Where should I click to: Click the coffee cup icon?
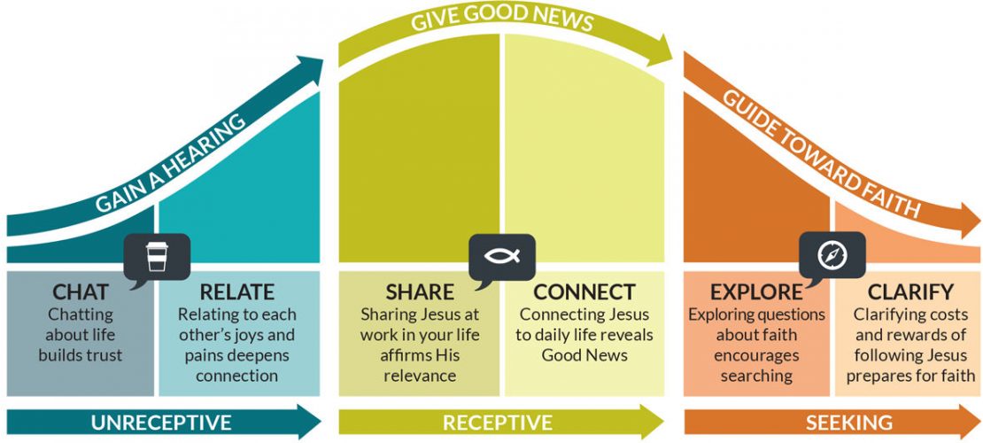click(x=157, y=256)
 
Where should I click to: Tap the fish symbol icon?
click(x=502, y=256)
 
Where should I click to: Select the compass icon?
click(x=832, y=256)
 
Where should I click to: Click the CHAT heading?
click(x=81, y=291)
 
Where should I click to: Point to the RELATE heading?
click(x=237, y=291)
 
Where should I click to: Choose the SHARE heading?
click(x=420, y=291)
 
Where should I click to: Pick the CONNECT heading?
click(x=584, y=291)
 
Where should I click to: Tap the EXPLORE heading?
click(x=756, y=291)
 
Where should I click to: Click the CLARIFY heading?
click(x=910, y=291)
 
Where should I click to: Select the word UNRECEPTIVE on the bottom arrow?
click(x=161, y=423)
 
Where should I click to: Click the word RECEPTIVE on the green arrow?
click(x=497, y=423)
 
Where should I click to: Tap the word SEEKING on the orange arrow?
click(x=849, y=423)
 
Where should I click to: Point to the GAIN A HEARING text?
click(x=171, y=163)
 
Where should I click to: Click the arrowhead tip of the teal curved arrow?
click(x=323, y=60)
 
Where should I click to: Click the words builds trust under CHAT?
click(x=81, y=355)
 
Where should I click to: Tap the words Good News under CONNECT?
click(x=584, y=355)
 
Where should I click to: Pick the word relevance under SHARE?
click(x=420, y=376)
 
